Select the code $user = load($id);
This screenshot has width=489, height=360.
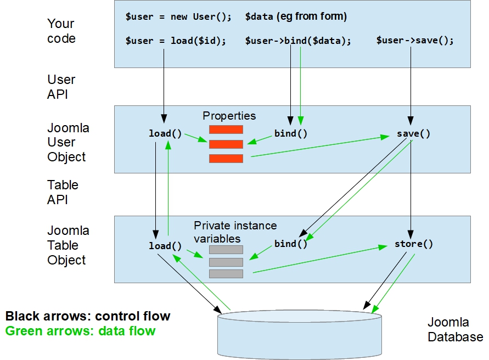click(x=176, y=41)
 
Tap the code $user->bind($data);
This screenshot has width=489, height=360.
click(x=297, y=41)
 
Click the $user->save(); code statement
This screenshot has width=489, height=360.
click(x=415, y=41)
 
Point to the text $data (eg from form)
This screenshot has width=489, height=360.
click(x=296, y=16)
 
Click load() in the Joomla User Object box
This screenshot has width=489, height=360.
click(x=165, y=133)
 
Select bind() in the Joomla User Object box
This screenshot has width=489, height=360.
click(x=291, y=133)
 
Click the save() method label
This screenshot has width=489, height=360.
click(x=413, y=133)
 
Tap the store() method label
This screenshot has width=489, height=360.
click(x=414, y=244)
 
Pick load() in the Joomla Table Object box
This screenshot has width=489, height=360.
click(x=165, y=246)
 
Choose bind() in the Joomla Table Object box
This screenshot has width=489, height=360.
click(x=291, y=244)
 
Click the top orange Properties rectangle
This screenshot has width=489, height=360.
click(x=226, y=130)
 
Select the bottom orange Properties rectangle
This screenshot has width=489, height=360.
click(x=226, y=159)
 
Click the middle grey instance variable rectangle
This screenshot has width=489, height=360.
click(x=226, y=262)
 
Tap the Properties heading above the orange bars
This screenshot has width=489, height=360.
click(x=229, y=116)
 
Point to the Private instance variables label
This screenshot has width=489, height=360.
click(x=235, y=232)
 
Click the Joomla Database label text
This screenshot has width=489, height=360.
click(x=455, y=329)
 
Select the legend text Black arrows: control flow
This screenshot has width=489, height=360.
click(x=88, y=316)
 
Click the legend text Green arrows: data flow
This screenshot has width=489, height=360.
click(x=80, y=331)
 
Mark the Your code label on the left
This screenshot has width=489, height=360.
click(x=61, y=31)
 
